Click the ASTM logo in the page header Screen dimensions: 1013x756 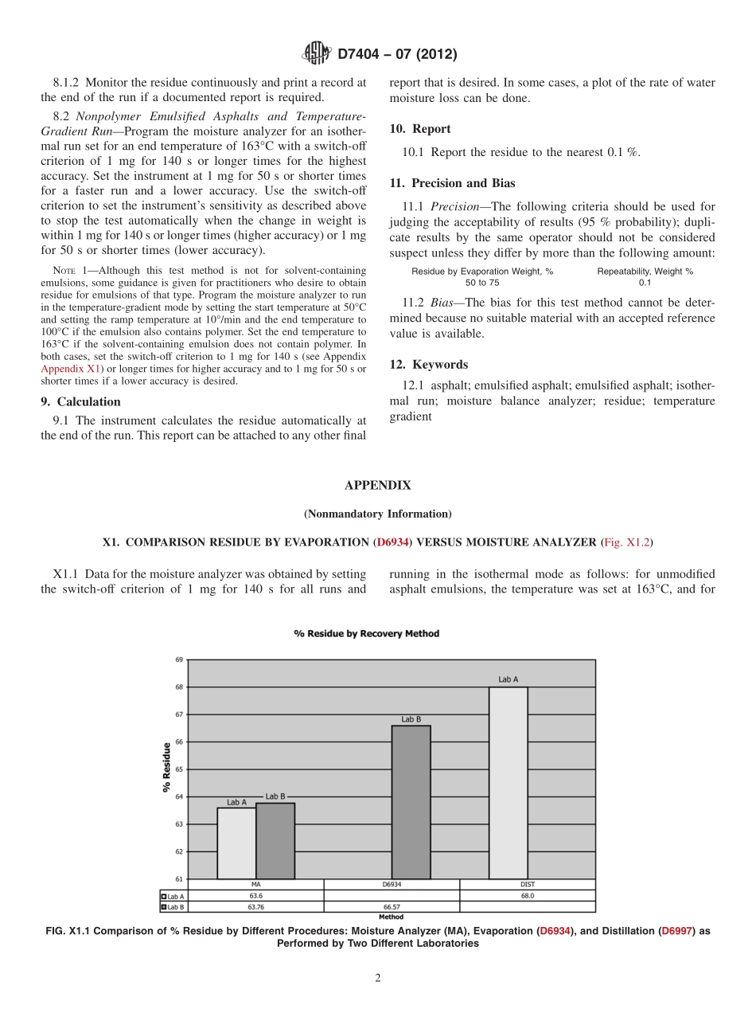click(x=317, y=54)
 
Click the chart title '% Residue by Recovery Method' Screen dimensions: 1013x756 click(x=366, y=634)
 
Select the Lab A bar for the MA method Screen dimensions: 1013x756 click(x=236, y=843)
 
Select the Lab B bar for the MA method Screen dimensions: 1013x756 click(x=275, y=840)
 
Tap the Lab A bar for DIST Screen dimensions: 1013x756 click(x=509, y=782)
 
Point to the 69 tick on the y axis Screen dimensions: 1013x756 click(x=178, y=659)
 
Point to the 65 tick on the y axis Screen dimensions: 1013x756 click(x=178, y=769)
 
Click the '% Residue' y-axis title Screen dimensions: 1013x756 click(x=166, y=768)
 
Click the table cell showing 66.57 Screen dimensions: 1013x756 click(x=392, y=906)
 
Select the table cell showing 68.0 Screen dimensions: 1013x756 click(x=528, y=895)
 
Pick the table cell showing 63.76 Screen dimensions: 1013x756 click(x=255, y=906)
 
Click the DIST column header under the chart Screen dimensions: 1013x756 click(x=528, y=884)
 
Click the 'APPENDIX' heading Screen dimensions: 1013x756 click(x=377, y=485)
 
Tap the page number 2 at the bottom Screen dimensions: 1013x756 click(x=378, y=979)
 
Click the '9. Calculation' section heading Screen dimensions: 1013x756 click(x=80, y=401)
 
